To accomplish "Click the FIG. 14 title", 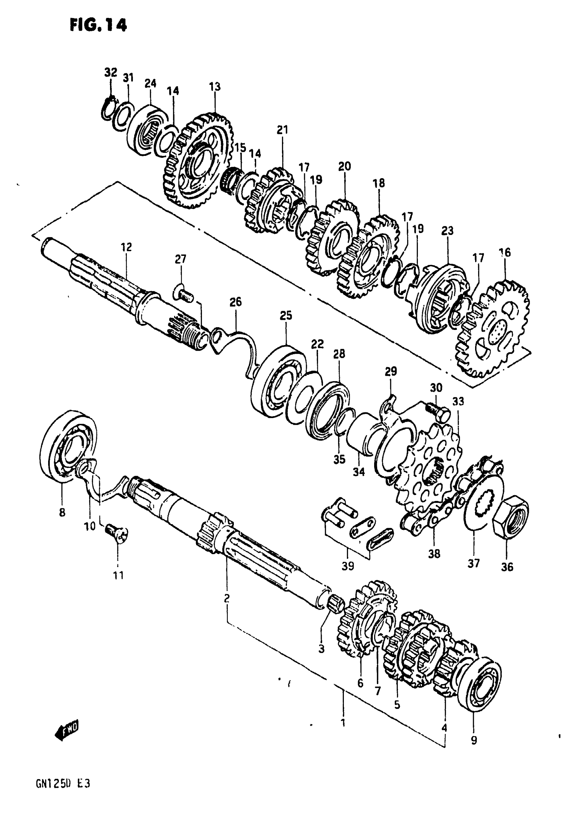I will tap(98, 26).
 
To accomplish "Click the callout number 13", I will tap(215, 87).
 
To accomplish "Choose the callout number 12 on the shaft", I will tap(127, 247).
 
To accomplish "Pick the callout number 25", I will tap(286, 315).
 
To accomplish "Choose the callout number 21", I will tap(282, 130).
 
